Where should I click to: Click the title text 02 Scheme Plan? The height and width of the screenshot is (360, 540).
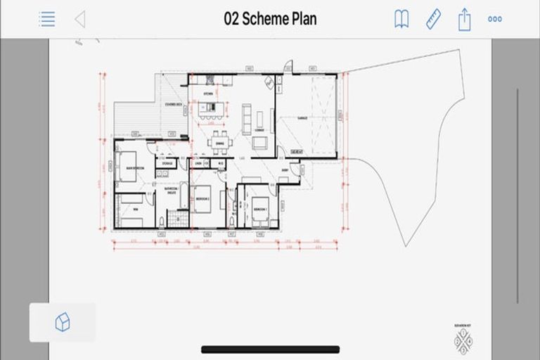click(270, 19)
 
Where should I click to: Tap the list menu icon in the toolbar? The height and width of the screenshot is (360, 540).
click(47, 19)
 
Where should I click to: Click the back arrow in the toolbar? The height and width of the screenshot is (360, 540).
click(79, 19)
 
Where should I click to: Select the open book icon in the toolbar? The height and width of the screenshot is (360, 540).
click(401, 19)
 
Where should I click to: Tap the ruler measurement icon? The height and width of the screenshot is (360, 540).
click(433, 19)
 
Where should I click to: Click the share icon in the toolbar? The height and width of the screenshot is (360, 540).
click(464, 19)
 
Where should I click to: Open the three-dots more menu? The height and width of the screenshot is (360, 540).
click(495, 19)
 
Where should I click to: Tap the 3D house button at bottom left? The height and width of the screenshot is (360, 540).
click(63, 323)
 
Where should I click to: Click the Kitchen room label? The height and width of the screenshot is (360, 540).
click(208, 94)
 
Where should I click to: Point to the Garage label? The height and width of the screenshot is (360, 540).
click(302, 118)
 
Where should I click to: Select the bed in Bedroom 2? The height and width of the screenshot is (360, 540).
click(208, 198)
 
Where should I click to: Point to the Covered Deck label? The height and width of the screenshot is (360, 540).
click(173, 104)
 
